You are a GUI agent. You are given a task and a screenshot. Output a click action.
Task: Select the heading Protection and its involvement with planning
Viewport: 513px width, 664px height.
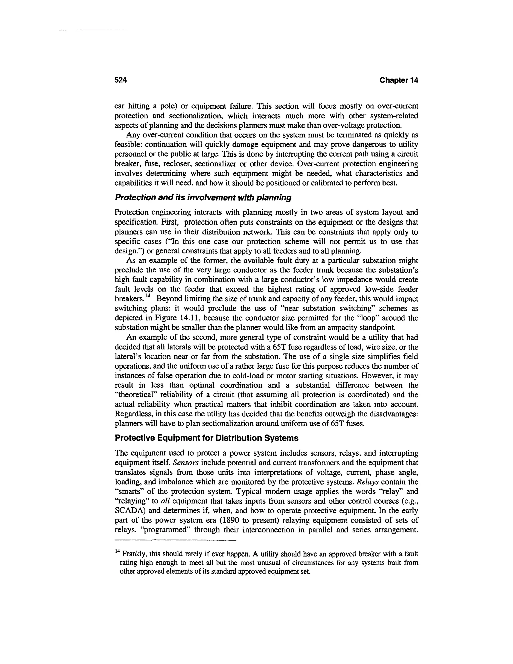click(x=203, y=198)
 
